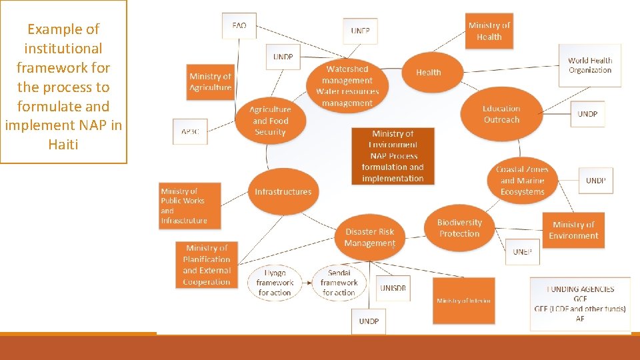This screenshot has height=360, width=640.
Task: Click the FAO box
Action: [239, 26]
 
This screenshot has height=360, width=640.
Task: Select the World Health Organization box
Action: [590, 65]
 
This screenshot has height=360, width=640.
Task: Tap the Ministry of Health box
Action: [489, 31]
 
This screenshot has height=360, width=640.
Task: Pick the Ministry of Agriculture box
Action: [211, 82]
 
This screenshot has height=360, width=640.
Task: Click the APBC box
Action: [190, 131]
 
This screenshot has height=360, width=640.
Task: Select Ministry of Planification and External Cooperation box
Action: [207, 265]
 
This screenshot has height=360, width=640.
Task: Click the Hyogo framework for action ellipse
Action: [275, 283]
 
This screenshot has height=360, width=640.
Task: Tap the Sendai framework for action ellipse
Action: [339, 283]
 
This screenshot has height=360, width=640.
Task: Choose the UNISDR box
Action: [393, 288]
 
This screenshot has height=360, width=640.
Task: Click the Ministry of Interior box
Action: [464, 301]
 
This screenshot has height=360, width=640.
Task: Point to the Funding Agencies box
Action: [580, 304]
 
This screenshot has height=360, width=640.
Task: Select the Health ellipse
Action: [429, 73]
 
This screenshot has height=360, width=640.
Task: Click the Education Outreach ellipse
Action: [501, 114]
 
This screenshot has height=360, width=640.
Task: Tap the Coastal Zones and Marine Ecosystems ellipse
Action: [523, 181]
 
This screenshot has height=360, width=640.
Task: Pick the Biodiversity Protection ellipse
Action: [459, 228]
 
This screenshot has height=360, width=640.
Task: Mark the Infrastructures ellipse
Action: [283, 192]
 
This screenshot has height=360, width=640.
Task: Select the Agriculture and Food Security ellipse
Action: [270, 121]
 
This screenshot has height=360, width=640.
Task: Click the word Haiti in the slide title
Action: [63, 144]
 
